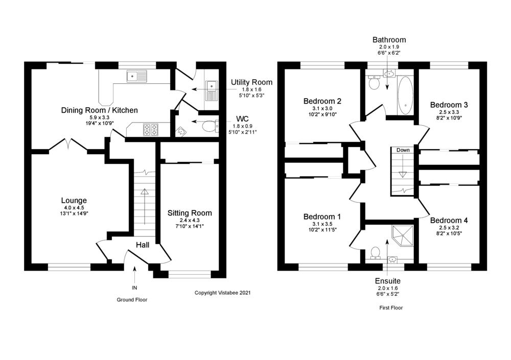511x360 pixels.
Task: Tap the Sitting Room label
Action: (x=190, y=213)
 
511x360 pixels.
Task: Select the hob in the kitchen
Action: (x=150, y=129)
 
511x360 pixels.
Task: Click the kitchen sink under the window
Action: (x=136, y=77)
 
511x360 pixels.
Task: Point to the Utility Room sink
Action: (x=212, y=89)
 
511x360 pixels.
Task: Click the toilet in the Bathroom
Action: (x=374, y=83)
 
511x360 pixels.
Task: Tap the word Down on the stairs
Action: (x=403, y=150)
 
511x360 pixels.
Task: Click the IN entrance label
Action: (x=135, y=288)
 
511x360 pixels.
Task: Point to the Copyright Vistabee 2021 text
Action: (x=222, y=293)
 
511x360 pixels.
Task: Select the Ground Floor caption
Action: (x=132, y=300)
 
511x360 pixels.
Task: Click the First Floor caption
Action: (x=391, y=308)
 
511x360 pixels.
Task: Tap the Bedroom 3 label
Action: (x=450, y=105)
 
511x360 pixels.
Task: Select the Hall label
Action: (x=143, y=245)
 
